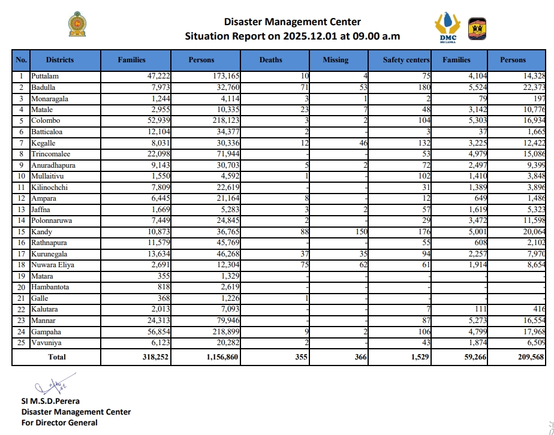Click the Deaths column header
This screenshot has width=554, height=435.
(x=270, y=60)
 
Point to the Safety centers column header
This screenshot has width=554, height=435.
(x=406, y=60)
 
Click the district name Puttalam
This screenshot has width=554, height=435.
(x=45, y=76)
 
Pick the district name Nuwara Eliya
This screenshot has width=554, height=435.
(x=52, y=265)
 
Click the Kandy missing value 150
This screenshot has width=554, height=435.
(x=359, y=231)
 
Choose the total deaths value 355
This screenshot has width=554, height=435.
(x=299, y=357)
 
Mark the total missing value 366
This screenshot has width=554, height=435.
(x=358, y=357)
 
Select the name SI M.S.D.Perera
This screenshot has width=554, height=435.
(x=51, y=401)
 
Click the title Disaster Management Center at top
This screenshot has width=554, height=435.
(x=292, y=22)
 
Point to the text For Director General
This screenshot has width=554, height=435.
(x=59, y=422)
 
